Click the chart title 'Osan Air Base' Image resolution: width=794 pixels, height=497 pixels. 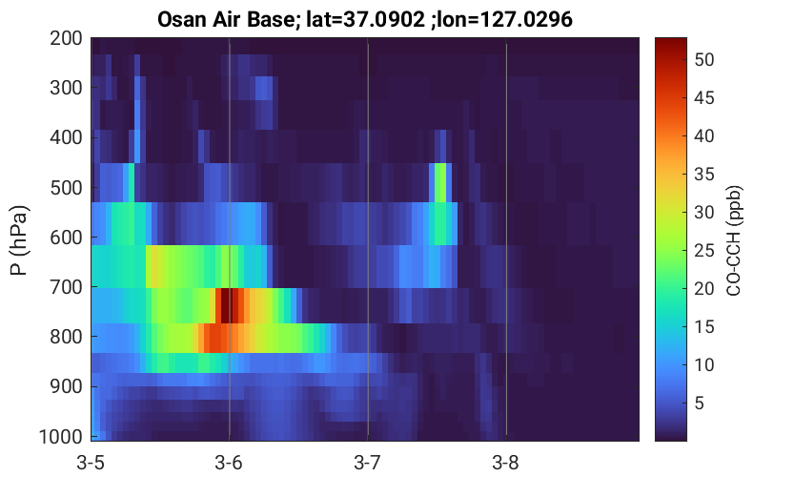226,20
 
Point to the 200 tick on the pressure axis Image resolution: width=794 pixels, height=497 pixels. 66,38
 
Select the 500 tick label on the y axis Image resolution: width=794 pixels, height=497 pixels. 66,188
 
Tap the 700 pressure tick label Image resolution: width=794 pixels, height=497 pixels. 66,287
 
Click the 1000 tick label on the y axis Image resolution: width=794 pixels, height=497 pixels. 61,436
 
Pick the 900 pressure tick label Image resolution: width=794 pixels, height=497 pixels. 66,386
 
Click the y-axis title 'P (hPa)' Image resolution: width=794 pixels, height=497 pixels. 19,240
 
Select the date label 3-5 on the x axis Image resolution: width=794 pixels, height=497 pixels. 91,463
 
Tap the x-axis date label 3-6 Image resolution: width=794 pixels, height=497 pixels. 229,463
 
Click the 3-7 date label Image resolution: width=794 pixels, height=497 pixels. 368,463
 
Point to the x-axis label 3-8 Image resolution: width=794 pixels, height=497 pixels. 506,463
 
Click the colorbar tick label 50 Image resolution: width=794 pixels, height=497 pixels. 703,60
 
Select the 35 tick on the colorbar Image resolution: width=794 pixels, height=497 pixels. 703,175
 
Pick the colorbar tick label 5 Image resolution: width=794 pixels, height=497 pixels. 700,404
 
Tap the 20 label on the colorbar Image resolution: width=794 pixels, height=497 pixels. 703,289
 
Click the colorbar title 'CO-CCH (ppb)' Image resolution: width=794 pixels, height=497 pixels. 734,240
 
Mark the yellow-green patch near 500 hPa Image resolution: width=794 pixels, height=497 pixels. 440,182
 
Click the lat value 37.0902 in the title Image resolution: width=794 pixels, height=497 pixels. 377,20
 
